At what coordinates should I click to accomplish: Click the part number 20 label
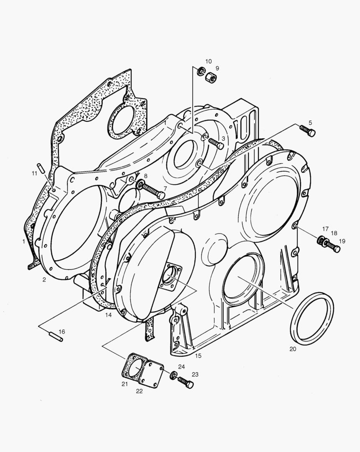coord(293,349)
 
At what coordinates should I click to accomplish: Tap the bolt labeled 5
coord(308,131)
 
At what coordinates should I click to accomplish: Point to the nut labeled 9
coord(212,78)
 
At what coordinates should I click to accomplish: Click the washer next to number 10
coord(201,71)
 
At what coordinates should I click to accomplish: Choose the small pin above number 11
coord(41,168)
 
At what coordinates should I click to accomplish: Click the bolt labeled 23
coord(185,382)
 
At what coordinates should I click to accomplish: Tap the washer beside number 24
coord(174,375)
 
